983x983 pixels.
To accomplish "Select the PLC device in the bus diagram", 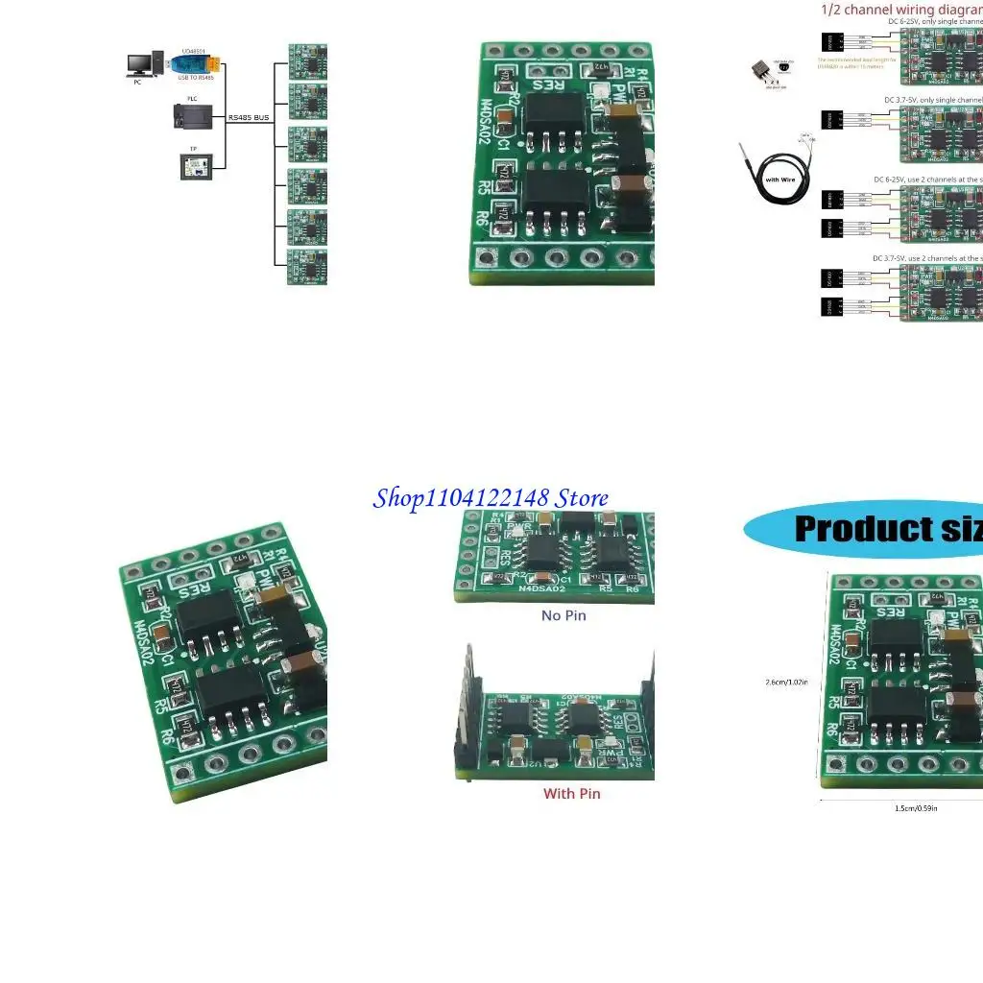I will coord(188,115).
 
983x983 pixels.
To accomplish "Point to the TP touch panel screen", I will coord(194,166).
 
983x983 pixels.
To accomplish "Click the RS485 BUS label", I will coord(249,117).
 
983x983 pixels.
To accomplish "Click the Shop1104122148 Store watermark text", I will coord(490,498).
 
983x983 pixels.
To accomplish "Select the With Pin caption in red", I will coord(572,794).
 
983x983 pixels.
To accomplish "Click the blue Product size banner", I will coord(864,529).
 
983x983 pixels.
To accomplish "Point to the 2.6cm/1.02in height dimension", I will coord(787,683).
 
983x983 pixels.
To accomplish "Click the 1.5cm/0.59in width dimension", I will coord(916,808).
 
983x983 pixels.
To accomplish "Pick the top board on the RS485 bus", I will coord(308,61).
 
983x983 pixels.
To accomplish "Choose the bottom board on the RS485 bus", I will coord(308,267).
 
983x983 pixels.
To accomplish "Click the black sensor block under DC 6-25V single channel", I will coord(831,43).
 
